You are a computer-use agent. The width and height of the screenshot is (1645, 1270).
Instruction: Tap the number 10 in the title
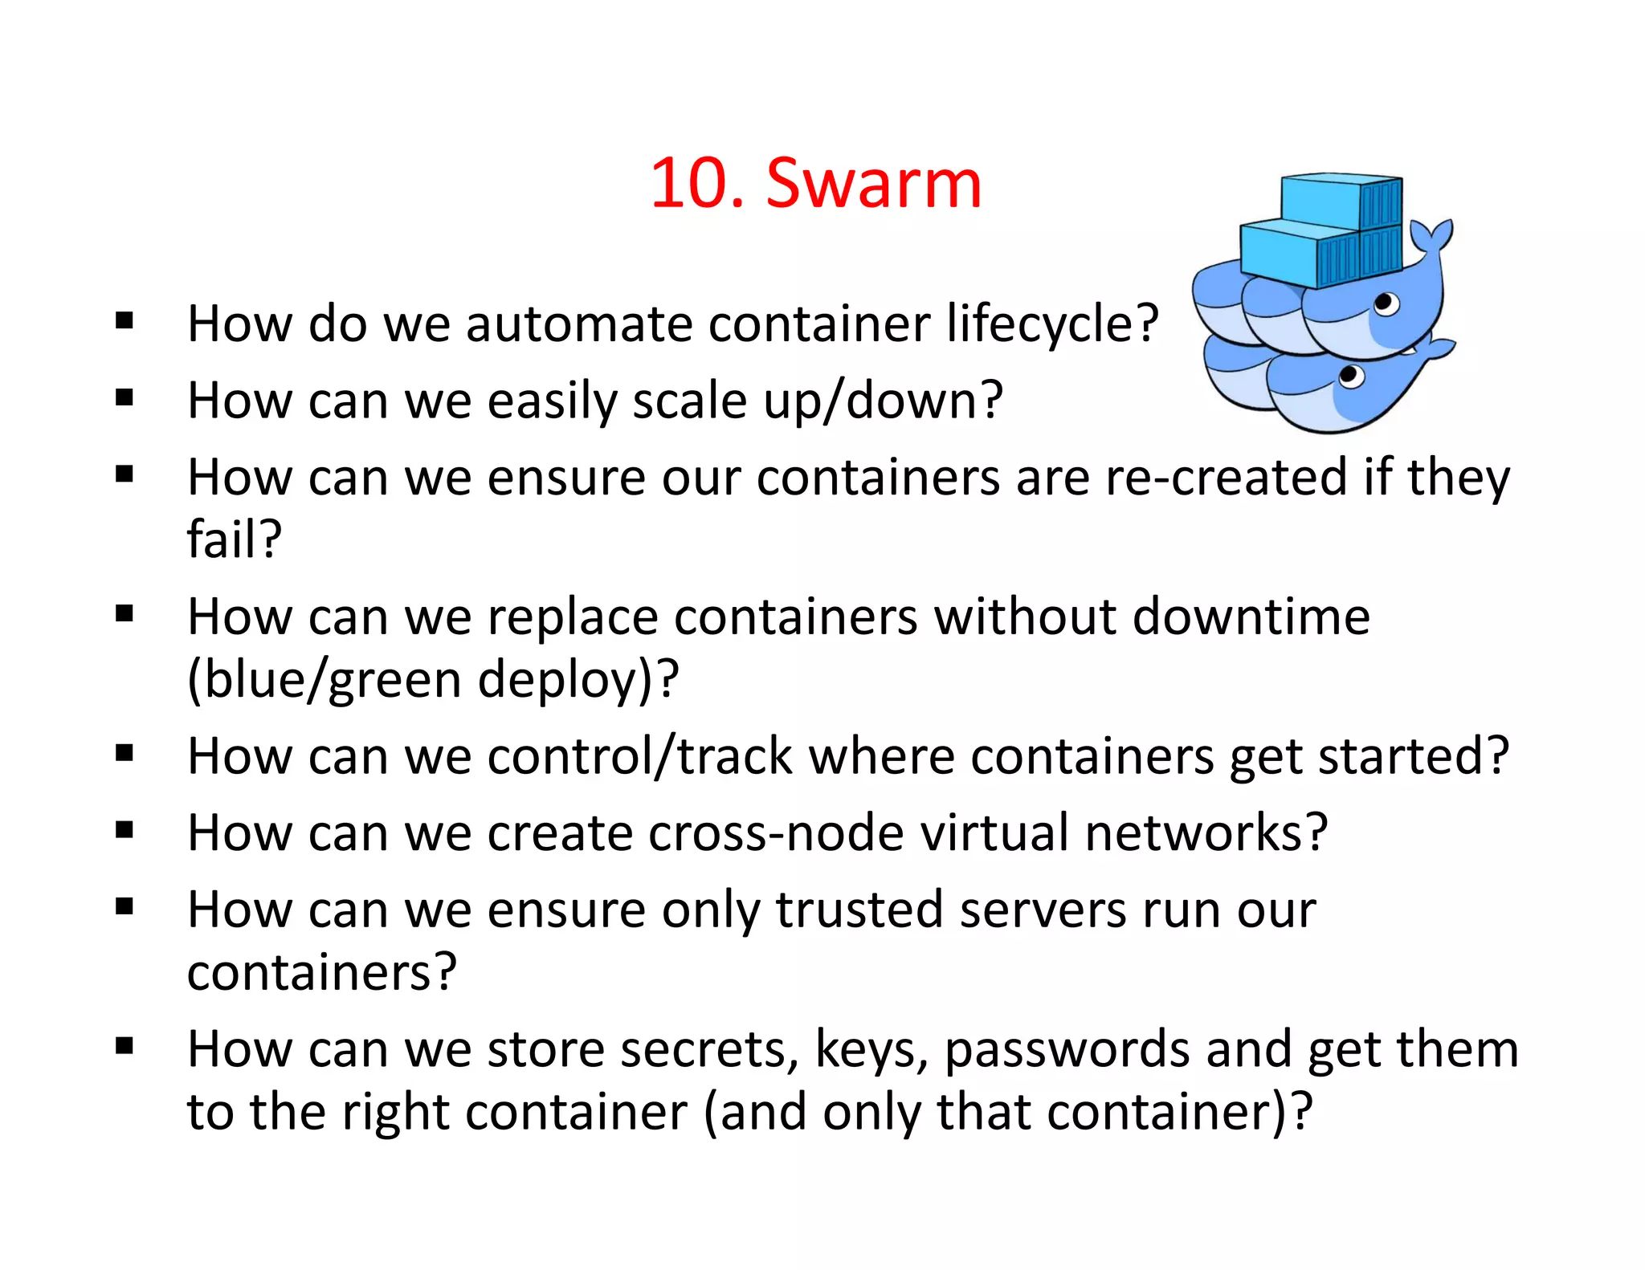pos(689,184)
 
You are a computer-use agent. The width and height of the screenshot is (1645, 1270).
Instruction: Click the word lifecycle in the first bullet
pos(1042,324)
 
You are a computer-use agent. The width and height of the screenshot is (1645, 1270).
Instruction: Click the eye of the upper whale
pos(1385,303)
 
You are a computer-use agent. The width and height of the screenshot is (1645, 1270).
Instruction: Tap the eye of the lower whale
pos(1351,375)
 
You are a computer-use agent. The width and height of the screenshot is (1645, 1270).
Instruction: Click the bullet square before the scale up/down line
pos(124,398)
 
